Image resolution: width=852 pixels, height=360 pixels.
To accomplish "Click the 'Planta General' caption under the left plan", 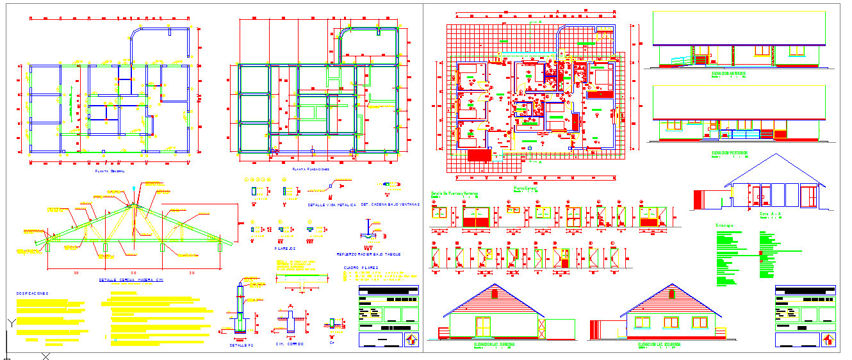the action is pyautogui.click(x=110, y=172).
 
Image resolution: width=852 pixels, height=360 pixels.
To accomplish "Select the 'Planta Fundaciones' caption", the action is pyautogui.click(x=310, y=169).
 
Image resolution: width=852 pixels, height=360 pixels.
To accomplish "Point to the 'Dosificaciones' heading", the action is pyautogui.click(x=33, y=293).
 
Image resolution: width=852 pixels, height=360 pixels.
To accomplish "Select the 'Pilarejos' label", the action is pyautogui.click(x=284, y=248).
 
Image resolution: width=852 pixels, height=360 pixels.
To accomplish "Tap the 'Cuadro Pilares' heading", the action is pyautogui.click(x=361, y=268).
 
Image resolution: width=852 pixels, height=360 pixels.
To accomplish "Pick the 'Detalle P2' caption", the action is pyautogui.click(x=242, y=345).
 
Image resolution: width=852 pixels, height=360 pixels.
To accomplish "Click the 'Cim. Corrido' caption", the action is pyautogui.click(x=290, y=344).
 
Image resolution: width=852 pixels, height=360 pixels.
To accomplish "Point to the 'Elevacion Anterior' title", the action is pyautogui.click(x=729, y=74).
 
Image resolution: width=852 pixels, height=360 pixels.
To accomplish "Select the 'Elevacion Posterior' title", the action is pyautogui.click(x=730, y=153).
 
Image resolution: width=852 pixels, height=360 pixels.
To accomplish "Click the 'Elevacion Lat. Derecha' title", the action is pyautogui.click(x=495, y=344).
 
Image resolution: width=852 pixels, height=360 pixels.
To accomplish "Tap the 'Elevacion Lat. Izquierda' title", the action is pyautogui.click(x=659, y=344).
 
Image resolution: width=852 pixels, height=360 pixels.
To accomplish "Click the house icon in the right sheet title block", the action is pyautogui.click(x=829, y=339).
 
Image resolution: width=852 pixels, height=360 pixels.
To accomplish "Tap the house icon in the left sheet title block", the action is pyautogui.click(x=412, y=339).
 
